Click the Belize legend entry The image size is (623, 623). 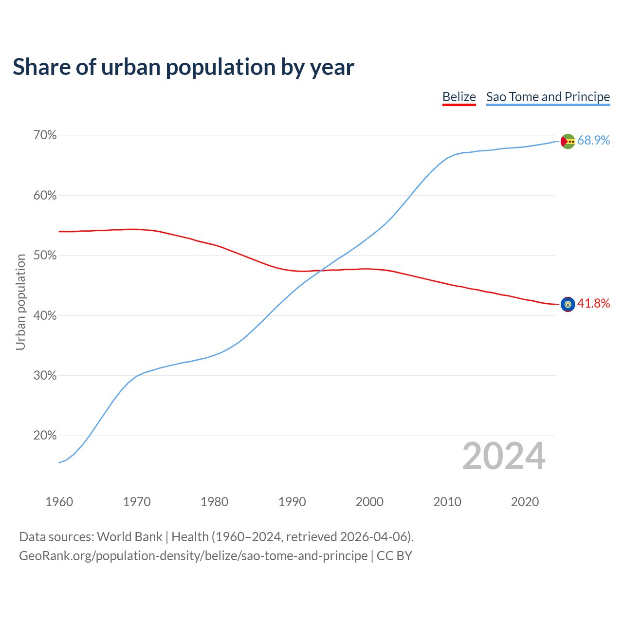[x=459, y=97]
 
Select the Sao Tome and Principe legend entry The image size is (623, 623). [x=548, y=97]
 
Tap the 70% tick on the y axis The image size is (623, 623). [x=45, y=135]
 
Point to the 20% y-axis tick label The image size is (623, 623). [x=45, y=436]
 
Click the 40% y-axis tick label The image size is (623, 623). [x=45, y=315]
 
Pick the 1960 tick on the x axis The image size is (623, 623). [x=59, y=502]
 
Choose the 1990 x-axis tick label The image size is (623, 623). [x=292, y=502]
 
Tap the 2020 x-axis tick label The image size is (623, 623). [x=525, y=502]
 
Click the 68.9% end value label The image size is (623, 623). [x=593, y=141]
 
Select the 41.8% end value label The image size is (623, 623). [x=593, y=304]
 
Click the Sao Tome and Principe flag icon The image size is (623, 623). [x=568, y=141]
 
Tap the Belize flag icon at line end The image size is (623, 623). [x=568, y=304]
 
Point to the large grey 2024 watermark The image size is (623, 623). [x=504, y=456]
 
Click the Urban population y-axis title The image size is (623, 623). [x=20, y=302]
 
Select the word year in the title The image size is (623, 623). [x=332, y=67]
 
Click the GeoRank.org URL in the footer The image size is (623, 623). [x=193, y=556]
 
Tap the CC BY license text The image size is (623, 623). [x=394, y=556]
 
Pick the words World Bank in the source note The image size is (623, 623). [x=129, y=537]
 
